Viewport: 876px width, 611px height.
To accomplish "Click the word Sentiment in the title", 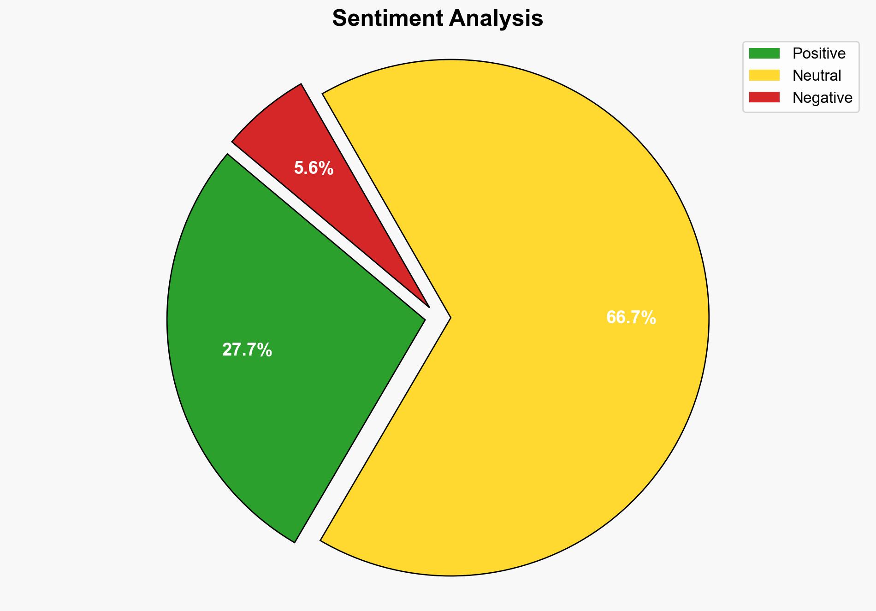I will click(388, 19).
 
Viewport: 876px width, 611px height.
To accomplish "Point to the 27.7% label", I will click(247, 350).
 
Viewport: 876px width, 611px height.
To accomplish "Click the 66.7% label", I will click(631, 318).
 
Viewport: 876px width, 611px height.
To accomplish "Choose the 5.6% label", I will click(314, 168).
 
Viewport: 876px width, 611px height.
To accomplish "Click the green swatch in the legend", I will click(764, 53).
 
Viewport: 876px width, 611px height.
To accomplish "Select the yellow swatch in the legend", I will click(764, 75).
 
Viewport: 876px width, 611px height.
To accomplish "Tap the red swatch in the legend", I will click(764, 97).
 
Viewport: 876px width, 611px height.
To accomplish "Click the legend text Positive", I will click(819, 53).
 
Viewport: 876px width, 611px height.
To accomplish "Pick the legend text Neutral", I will click(817, 76).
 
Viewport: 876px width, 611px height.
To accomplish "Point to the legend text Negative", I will click(822, 98).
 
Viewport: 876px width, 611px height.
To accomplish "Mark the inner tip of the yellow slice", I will click(450, 317).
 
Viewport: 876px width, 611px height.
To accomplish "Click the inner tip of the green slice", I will click(424, 318).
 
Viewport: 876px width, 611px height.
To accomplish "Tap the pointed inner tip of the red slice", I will click(428, 306).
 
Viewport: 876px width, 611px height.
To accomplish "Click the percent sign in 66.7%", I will click(649, 318).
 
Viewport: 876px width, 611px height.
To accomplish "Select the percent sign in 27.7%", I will click(265, 350).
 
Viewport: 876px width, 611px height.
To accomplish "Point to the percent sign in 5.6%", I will click(326, 168).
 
